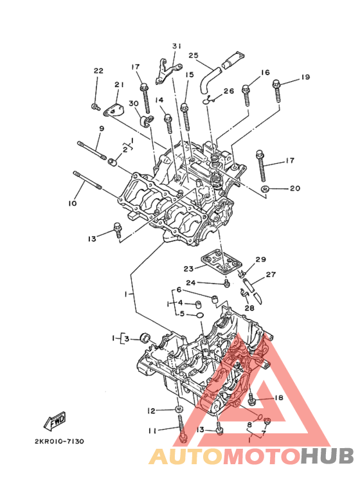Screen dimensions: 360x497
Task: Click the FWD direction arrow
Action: [55, 421]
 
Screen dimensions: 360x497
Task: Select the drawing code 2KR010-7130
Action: [60, 441]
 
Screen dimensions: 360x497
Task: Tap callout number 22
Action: [98, 70]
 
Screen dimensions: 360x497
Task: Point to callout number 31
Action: [177, 46]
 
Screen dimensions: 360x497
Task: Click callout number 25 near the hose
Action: [194, 55]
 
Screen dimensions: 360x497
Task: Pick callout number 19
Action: [305, 77]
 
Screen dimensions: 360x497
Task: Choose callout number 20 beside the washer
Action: [295, 188]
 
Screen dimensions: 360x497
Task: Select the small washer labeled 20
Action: [265, 189]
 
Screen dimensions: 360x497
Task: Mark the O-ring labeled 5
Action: [200, 315]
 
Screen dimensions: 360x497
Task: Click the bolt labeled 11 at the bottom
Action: [182, 429]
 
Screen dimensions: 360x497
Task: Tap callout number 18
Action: [279, 397]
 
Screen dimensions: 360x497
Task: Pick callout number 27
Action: [271, 274]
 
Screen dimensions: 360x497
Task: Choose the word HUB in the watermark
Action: [327, 456]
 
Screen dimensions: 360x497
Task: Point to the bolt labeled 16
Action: [246, 95]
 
